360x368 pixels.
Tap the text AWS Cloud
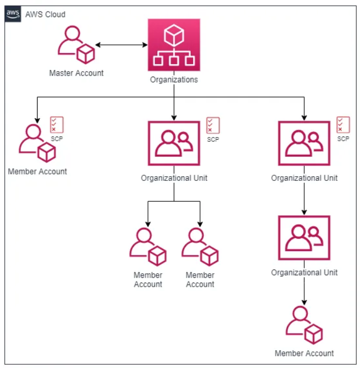point(45,14)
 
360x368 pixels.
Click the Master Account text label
point(76,73)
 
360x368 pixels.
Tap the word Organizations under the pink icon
point(173,80)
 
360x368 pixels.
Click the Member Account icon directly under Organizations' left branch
point(36,143)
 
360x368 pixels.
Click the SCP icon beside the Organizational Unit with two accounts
point(213,125)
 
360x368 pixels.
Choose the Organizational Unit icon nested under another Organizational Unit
point(304,238)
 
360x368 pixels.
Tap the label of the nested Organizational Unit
point(304,273)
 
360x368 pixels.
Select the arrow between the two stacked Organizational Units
point(304,198)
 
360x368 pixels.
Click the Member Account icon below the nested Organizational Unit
point(304,326)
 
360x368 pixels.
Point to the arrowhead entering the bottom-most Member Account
point(304,304)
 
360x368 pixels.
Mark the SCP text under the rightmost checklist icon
point(343,139)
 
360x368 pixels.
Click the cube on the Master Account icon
point(85,53)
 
